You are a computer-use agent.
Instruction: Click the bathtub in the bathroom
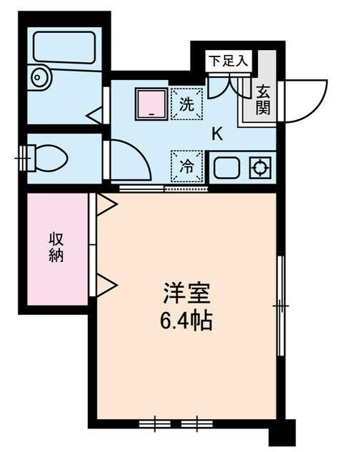click(x=64, y=46)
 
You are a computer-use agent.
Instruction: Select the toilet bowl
click(x=49, y=158)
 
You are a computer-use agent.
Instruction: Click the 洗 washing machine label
click(x=186, y=104)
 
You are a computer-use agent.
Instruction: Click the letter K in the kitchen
click(x=216, y=134)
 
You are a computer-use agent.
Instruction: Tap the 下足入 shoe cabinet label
click(x=228, y=61)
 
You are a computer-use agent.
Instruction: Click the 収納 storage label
click(x=56, y=246)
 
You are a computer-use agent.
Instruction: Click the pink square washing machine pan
click(x=151, y=104)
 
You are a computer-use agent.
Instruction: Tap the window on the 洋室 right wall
click(x=281, y=305)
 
